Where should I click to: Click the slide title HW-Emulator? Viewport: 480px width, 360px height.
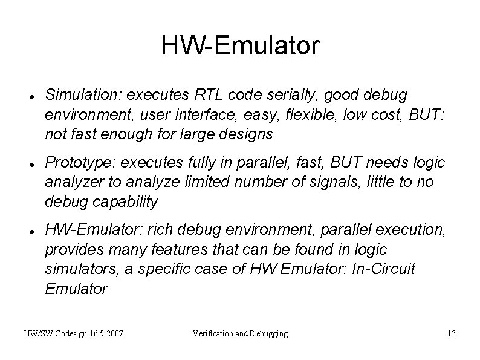240,46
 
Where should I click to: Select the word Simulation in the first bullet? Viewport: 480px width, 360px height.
78,95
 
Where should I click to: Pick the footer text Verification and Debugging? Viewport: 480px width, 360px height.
240,333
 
